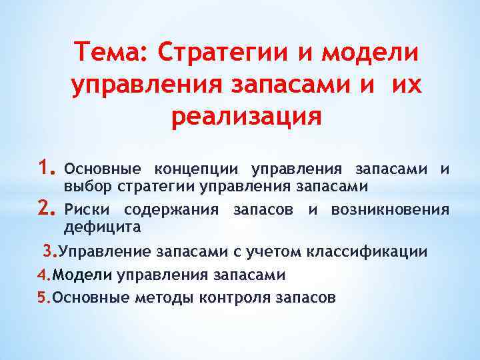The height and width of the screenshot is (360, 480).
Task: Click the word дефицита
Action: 102,227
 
